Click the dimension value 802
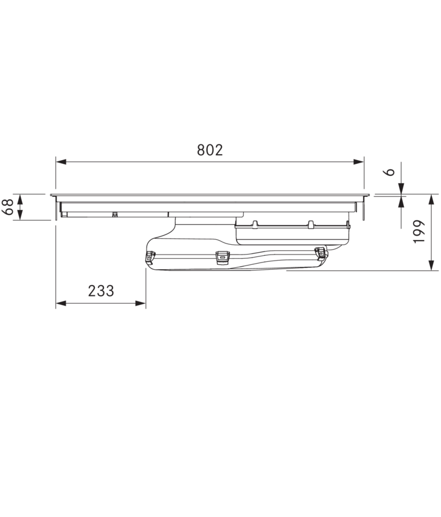210,150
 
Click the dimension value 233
101,291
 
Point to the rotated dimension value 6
391,172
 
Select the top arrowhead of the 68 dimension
21,199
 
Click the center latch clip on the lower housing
224,258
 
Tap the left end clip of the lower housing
148,258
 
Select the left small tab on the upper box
256,224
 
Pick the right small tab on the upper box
310,224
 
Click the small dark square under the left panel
114,214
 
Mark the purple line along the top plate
207,201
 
